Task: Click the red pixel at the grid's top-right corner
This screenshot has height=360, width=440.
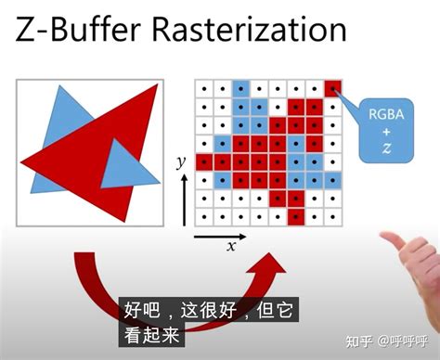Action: [x=332, y=89]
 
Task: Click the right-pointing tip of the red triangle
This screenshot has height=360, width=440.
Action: [x=158, y=86]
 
